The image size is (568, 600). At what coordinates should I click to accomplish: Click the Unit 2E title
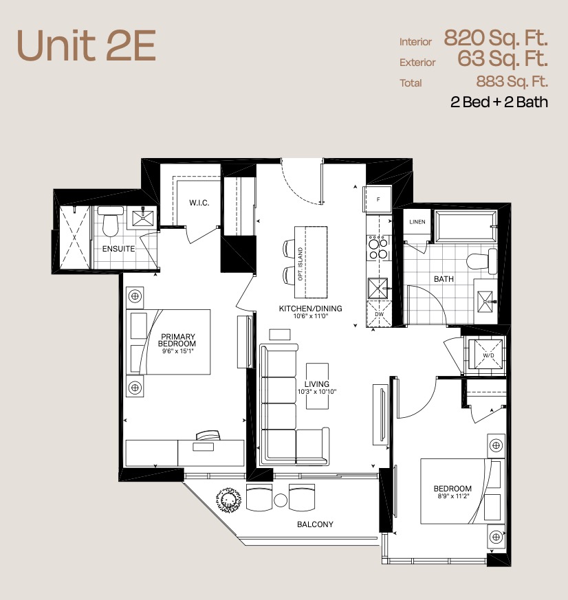click(x=87, y=45)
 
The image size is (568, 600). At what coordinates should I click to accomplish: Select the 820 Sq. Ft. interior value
click(x=496, y=38)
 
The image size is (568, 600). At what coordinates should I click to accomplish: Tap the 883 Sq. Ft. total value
click(x=512, y=81)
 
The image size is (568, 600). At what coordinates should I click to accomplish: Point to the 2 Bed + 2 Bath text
click(x=499, y=102)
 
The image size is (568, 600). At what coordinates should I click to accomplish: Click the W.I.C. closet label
click(x=199, y=203)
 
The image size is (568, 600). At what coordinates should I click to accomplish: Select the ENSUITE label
click(x=118, y=249)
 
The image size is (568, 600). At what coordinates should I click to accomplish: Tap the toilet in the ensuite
click(x=110, y=221)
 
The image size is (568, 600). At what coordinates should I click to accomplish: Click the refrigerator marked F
click(x=378, y=199)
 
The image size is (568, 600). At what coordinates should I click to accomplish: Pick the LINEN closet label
click(x=417, y=221)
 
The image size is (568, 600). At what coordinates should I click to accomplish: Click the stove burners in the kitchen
click(x=378, y=248)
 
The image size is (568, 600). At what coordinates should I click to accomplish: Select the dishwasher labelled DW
click(x=379, y=314)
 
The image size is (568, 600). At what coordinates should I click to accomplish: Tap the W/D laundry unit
click(x=488, y=355)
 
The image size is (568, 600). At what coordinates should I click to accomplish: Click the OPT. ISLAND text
click(x=301, y=264)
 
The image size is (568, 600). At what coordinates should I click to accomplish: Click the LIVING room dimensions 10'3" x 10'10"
click(x=317, y=392)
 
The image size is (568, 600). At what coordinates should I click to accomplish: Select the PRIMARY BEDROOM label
click(x=177, y=340)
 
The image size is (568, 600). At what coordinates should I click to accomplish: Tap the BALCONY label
click(x=315, y=524)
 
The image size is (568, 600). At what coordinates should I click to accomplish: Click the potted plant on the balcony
click(x=228, y=500)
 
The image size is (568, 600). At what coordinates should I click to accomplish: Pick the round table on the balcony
click(x=281, y=500)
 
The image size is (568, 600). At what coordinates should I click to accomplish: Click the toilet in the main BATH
click(x=482, y=260)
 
